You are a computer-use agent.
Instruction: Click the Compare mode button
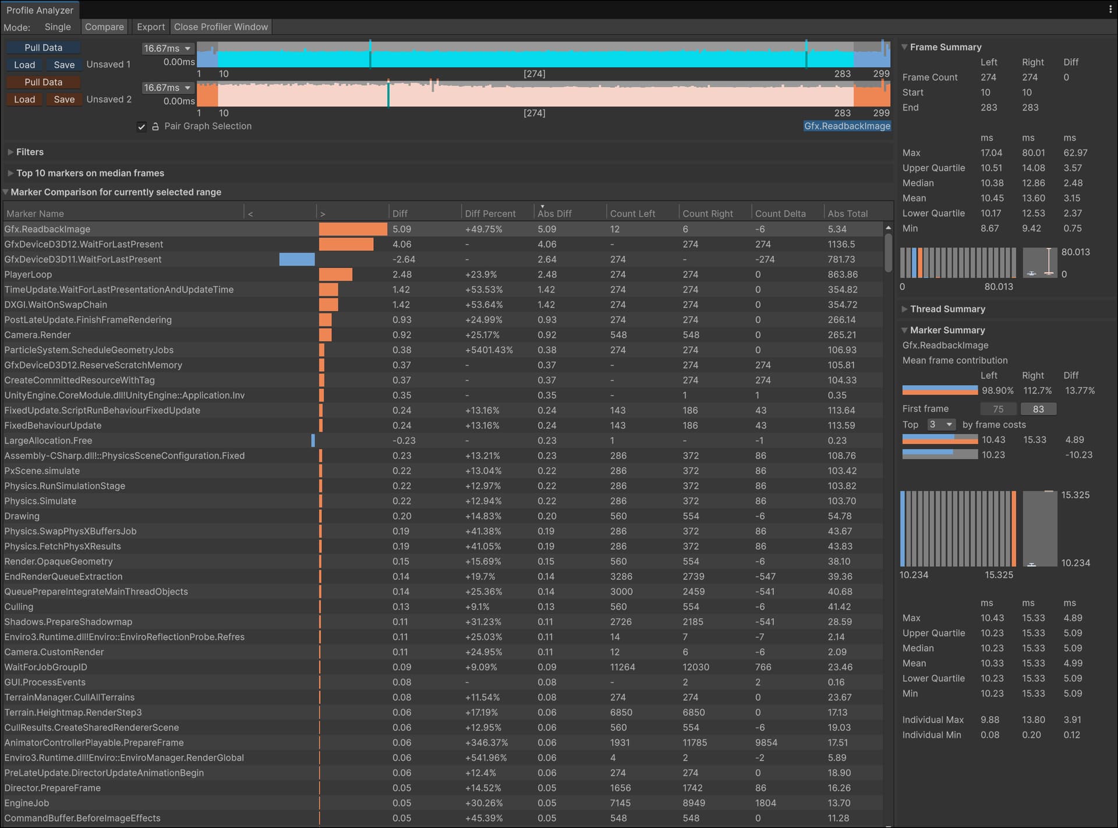point(104,27)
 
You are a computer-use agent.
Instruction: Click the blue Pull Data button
point(43,48)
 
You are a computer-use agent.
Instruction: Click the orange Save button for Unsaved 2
point(64,99)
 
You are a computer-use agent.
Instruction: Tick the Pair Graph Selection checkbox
point(141,126)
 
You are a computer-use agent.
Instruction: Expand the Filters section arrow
point(10,152)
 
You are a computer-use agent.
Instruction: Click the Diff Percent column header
point(490,214)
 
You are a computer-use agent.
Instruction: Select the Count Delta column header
point(780,214)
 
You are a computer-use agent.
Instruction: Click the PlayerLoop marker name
point(28,275)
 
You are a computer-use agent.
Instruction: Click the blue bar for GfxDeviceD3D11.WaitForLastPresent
point(297,260)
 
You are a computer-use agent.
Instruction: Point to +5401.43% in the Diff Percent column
point(489,350)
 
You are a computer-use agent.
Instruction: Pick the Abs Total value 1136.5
point(841,244)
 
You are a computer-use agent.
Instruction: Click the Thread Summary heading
point(947,309)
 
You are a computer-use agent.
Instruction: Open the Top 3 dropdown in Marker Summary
point(942,425)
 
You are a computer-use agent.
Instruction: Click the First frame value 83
point(1038,409)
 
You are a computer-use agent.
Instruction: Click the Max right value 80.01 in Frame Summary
point(1033,153)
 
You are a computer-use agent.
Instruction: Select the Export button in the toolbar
point(151,27)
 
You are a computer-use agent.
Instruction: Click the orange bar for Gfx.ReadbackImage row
point(353,229)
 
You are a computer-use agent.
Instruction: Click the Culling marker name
point(19,607)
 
